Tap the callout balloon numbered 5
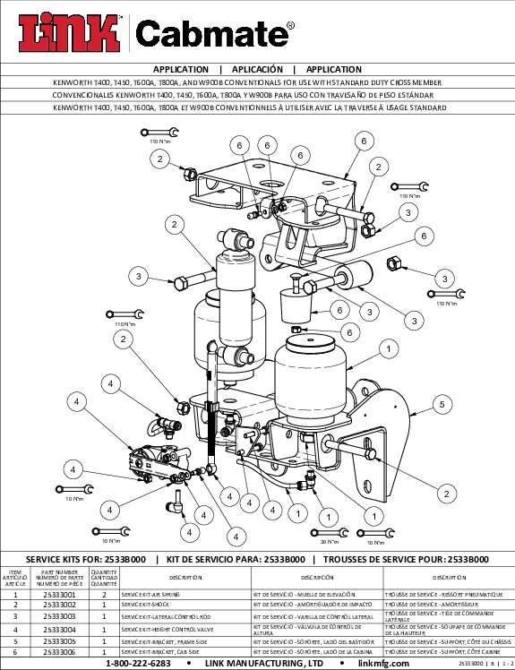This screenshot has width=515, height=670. [442, 405]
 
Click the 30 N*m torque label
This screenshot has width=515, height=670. [330, 541]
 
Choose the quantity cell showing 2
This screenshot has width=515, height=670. [105, 595]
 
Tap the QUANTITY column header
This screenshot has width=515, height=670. [105, 578]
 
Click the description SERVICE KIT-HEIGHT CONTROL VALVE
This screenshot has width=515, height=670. [169, 630]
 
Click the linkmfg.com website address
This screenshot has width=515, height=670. [383, 664]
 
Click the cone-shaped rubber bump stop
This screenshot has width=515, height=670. [295, 308]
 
